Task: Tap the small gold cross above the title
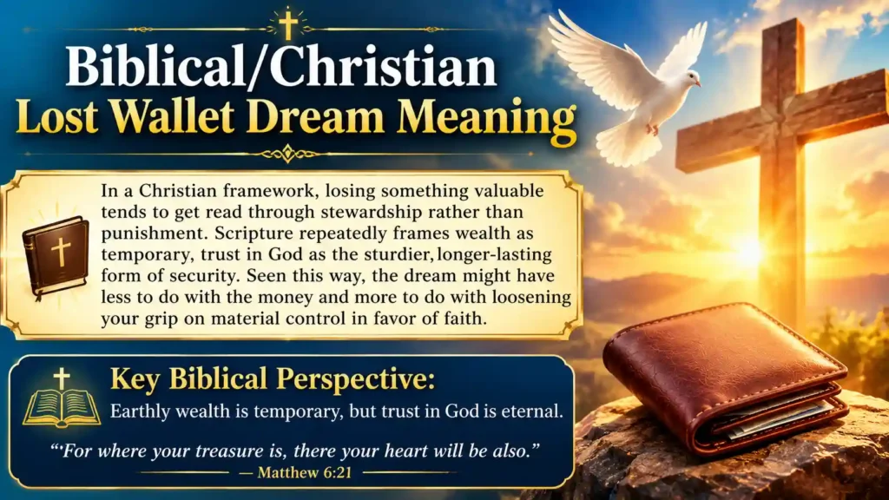click(x=288, y=24)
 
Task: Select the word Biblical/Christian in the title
click(x=280, y=67)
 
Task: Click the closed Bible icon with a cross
click(x=56, y=256)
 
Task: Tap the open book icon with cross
click(x=62, y=398)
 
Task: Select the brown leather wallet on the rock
click(x=725, y=377)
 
